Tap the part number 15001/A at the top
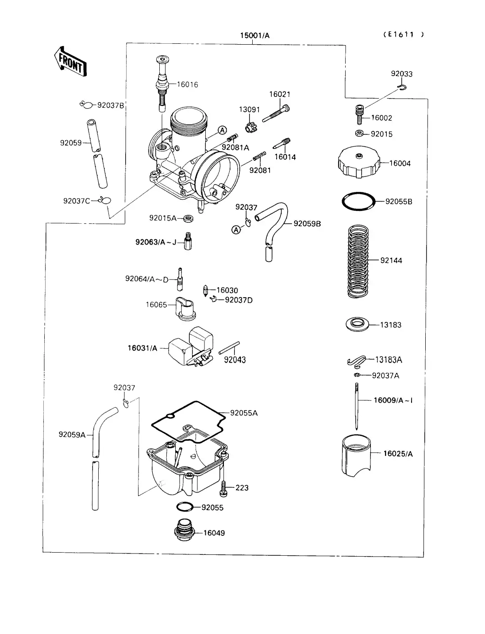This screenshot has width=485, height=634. coord(254,35)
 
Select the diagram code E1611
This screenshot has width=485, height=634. coord(403,34)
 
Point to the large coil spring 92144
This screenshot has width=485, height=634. coord(358,261)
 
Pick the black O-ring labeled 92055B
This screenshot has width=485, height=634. coord(358,202)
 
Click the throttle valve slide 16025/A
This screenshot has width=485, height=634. coord(356,455)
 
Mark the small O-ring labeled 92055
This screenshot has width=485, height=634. coord(185,507)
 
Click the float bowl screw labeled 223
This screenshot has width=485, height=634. coord(223,488)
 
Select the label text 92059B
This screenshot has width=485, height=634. coord(307,224)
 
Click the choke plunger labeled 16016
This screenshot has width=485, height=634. coord(162,84)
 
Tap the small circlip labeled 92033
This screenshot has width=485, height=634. coord(401,87)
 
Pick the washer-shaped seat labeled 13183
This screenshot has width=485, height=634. coord(357,324)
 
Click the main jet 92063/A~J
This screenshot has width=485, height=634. coord(188,241)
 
